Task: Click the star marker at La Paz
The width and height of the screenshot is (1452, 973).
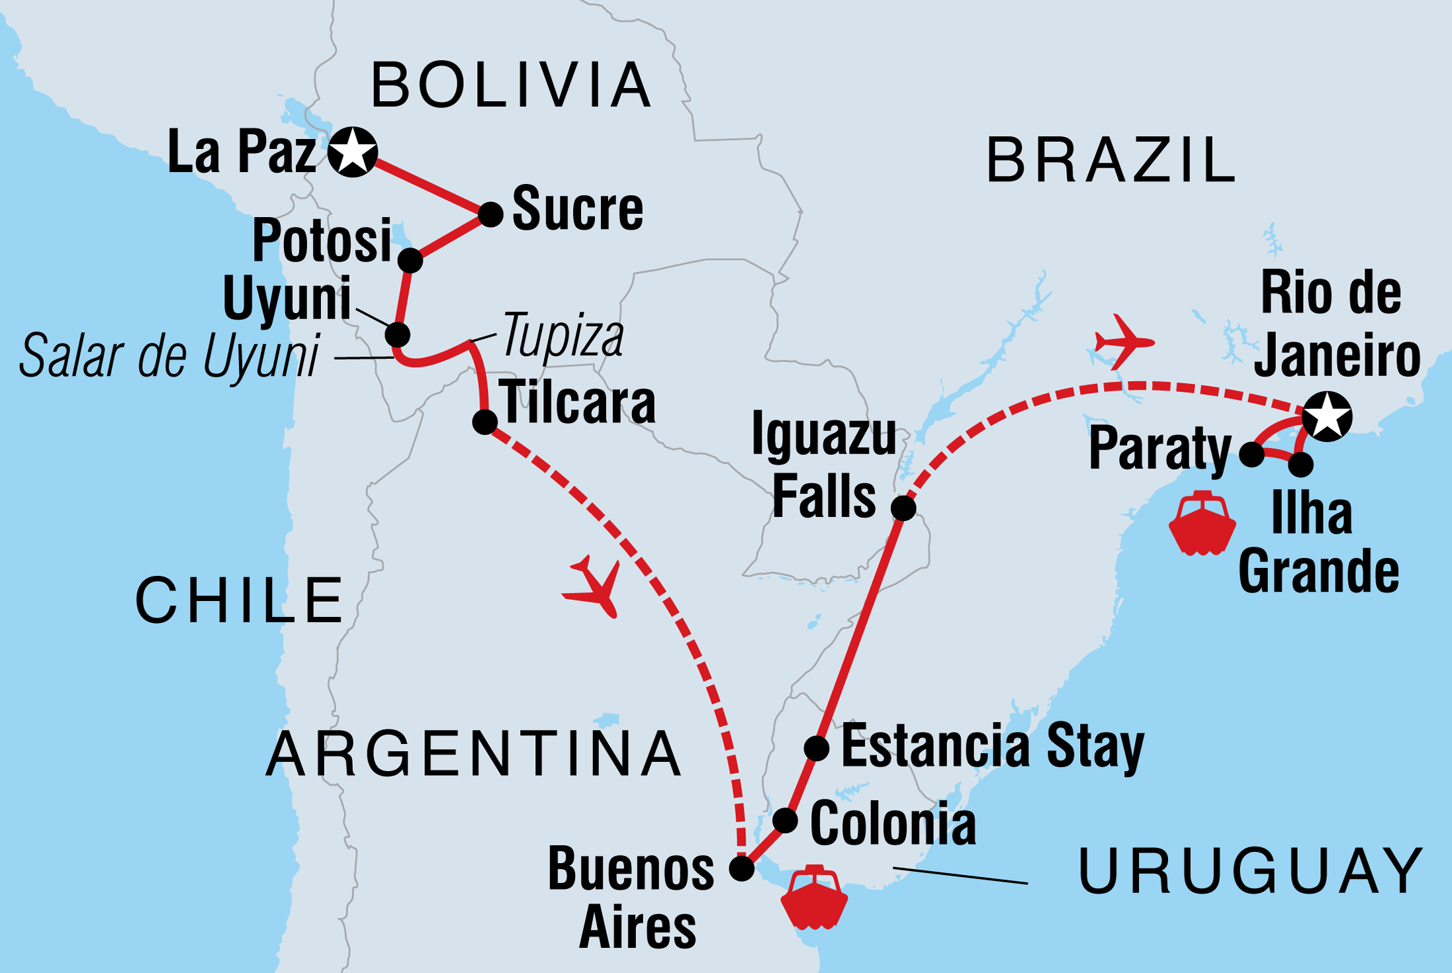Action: tap(353, 152)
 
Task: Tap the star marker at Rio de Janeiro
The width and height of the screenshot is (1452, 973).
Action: tap(1327, 417)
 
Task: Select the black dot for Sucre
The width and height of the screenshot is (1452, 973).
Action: tap(490, 214)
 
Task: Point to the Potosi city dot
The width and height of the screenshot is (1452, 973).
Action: tap(410, 260)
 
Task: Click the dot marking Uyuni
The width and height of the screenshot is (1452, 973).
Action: tap(397, 334)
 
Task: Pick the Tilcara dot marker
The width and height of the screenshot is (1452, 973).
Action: tap(484, 422)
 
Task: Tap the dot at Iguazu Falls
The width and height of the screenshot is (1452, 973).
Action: tap(903, 508)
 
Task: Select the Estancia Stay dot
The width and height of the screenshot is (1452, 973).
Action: tap(817, 748)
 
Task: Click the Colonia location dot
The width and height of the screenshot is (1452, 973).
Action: tap(785, 820)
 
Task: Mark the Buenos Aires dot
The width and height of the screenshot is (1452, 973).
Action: tap(741, 868)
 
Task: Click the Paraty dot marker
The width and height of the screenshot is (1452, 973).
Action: tap(1251, 454)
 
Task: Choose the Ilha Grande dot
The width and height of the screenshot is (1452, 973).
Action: tap(1300, 464)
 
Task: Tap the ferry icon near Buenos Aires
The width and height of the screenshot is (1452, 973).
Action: tap(814, 898)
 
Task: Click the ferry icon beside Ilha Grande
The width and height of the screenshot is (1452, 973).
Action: tap(1202, 523)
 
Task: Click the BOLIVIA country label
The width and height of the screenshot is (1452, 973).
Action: tap(512, 85)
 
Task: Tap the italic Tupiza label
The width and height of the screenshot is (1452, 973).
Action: tap(563, 336)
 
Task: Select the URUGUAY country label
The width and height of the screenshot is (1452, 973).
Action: tap(1250, 870)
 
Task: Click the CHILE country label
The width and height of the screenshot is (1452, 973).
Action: tap(239, 600)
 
